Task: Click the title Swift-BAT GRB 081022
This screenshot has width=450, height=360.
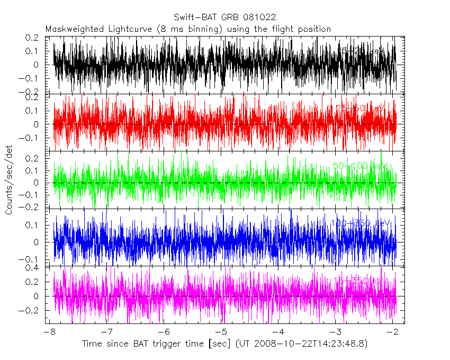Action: pyautogui.click(x=224, y=18)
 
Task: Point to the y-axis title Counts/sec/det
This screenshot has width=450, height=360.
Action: pyautogui.click(x=10, y=181)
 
